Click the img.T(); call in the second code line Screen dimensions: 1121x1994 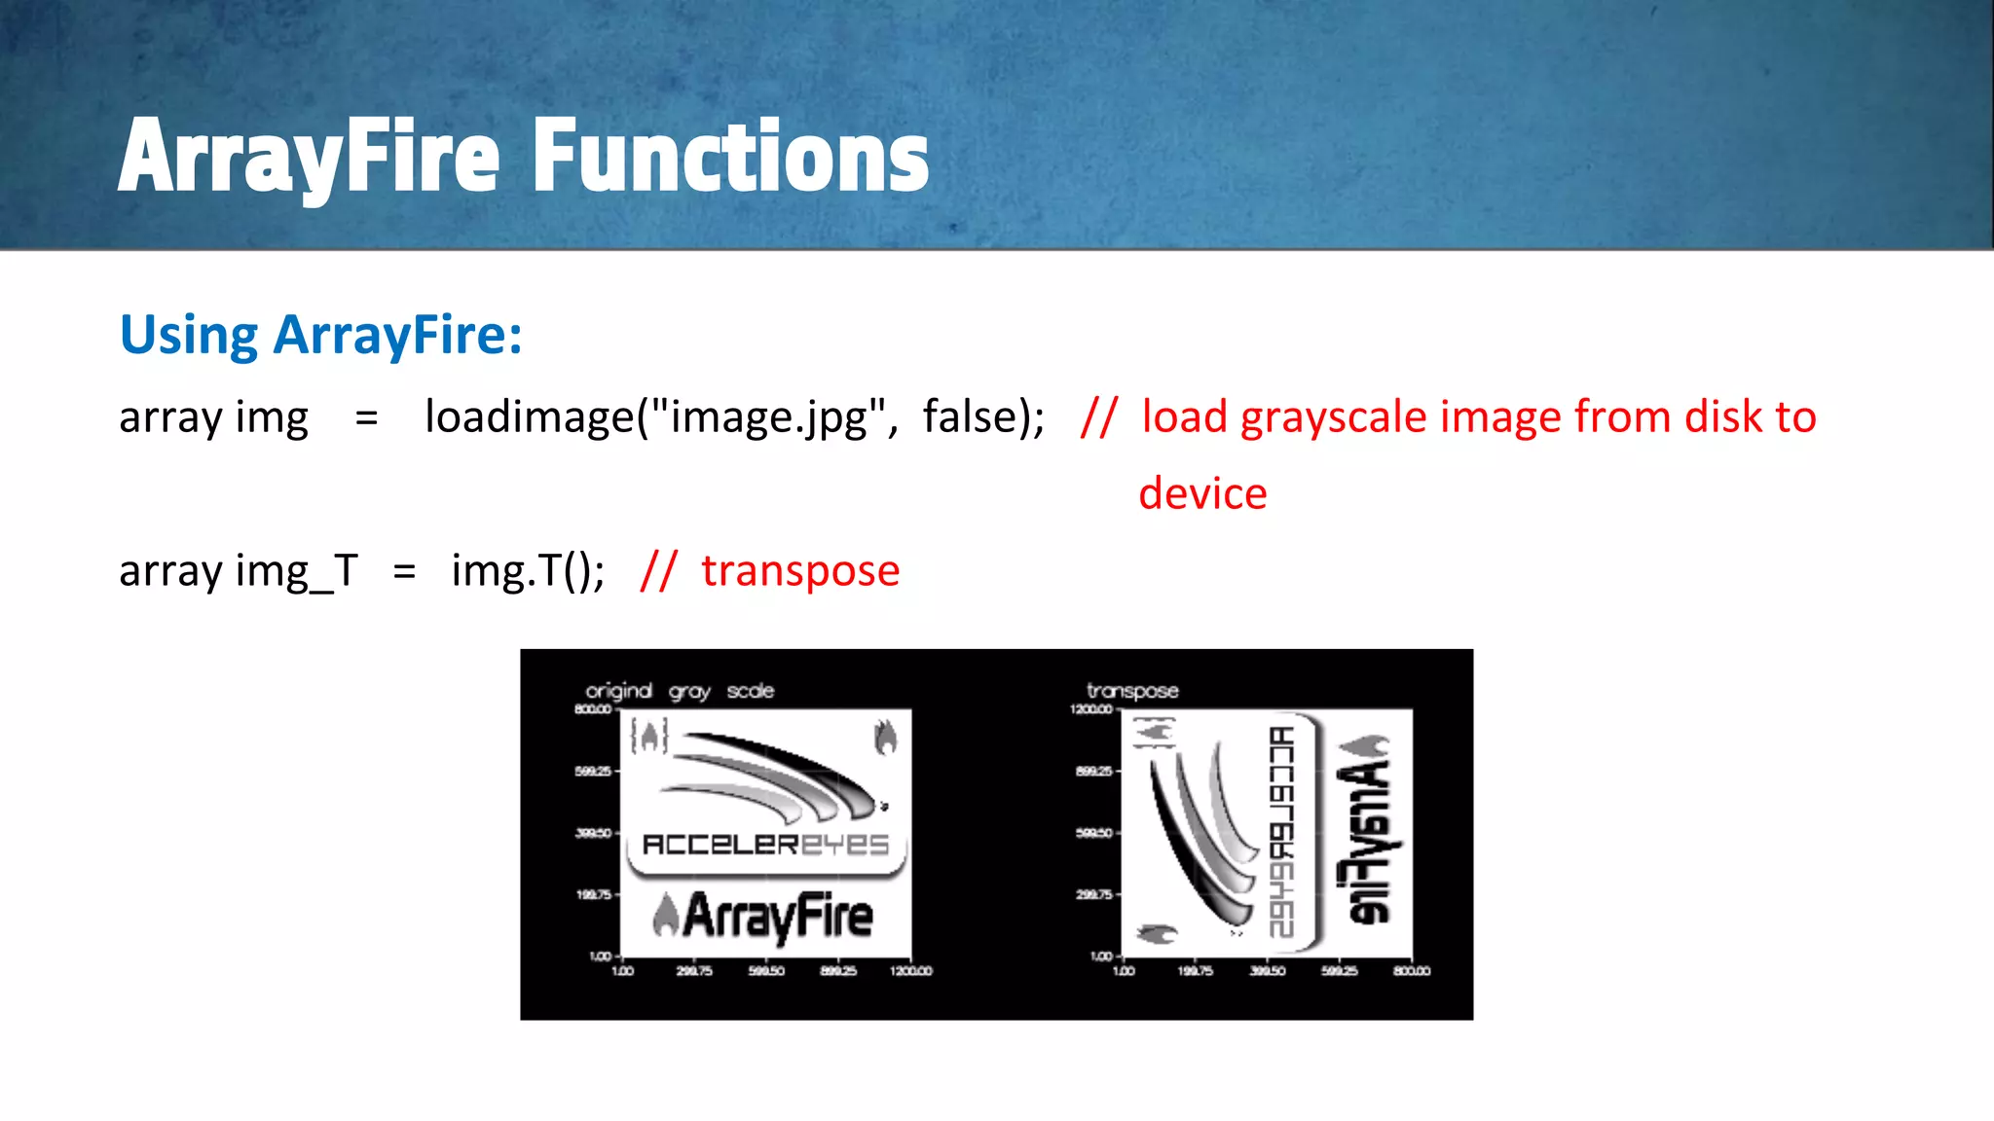pyautogui.click(x=528, y=571)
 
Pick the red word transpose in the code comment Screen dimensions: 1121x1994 pyautogui.click(x=800, y=571)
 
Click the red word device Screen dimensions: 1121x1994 pyautogui.click(x=1202, y=494)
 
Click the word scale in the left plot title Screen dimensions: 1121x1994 pyautogui.click(x=750, y=691)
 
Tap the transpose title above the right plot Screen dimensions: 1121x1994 pyautogui.click(x=1132, y=691)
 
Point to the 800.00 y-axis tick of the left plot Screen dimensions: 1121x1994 pyautogui.click(x=592, y=709)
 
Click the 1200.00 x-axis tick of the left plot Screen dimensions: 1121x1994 pyautogui.click(x=910, y=971)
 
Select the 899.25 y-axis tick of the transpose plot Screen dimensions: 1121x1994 pyautogui.click(x=1092, y=772)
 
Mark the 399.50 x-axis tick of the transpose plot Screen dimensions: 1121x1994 pyautogui.click(x=1267, y=971)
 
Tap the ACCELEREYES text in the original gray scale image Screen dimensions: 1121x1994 pyautogui.click(x=766, y=845)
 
